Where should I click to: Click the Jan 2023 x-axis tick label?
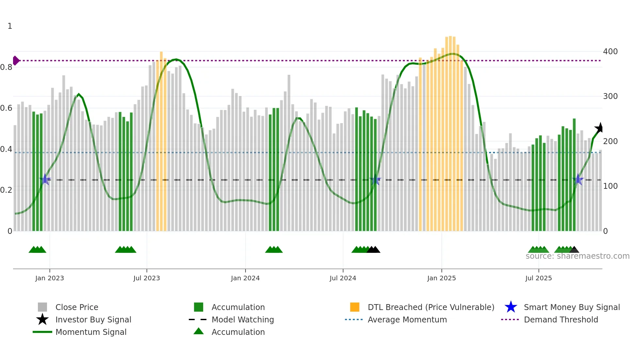tap(50, 278)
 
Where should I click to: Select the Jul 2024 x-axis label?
tap(343, 278)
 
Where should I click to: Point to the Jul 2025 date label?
tap(538, 278)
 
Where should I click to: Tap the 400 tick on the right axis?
tap(610, 52)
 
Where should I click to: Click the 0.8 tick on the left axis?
tap(6, 67)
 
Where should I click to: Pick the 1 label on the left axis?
tap(10, 26)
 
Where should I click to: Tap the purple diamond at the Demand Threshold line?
tap(16, 60)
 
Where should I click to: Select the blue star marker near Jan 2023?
tap(45, 179)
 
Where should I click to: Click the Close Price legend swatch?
tap(42, 307)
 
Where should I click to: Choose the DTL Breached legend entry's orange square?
tap(355, 307)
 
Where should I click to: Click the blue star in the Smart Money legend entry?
tap(511, 307)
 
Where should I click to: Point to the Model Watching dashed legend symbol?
tap(198, 319)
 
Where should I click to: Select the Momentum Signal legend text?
tap(91, 332)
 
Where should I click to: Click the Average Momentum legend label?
tap(407, 319)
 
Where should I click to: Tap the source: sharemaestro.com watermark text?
tap(577, 256)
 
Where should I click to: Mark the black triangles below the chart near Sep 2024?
tap(373, 250)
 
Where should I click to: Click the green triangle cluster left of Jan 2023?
tap(37, 250)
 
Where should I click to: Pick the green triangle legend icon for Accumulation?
tap(199, 331)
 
